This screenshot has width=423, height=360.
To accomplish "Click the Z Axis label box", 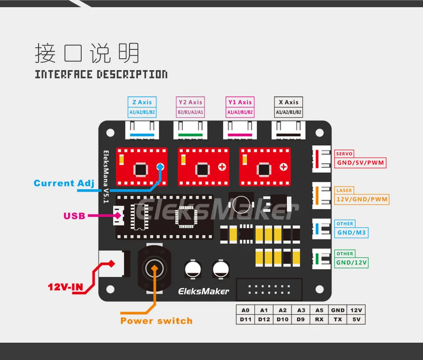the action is click(142, 107).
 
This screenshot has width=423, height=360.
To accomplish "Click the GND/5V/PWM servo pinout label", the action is click(360, 163).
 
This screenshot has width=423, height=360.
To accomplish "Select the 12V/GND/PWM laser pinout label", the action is click(362, 199).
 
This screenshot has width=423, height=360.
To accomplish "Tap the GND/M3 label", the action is click(351, 232).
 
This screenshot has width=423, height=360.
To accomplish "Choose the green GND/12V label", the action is click(351, 262).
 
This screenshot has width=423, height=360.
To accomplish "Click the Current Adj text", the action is click(64, 183).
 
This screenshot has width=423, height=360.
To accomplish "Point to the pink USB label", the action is click(74, 216).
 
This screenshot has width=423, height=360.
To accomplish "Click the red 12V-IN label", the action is click(65, 287).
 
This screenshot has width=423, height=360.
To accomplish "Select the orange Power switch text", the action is click(157, 321).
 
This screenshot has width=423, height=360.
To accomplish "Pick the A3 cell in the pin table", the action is click(301, 310).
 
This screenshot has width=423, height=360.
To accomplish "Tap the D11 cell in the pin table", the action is click(245, 319).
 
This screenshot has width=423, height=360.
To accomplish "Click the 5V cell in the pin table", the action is click(356, 319).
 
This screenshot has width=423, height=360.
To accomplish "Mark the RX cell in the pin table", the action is click(319, 319).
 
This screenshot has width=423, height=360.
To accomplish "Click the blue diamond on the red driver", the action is click(160, 167).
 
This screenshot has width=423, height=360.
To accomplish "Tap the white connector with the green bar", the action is click(190, 130).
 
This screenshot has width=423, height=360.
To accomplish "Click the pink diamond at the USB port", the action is click(118, 215).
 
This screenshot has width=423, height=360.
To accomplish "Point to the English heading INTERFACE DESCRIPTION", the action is click(101, 74).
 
